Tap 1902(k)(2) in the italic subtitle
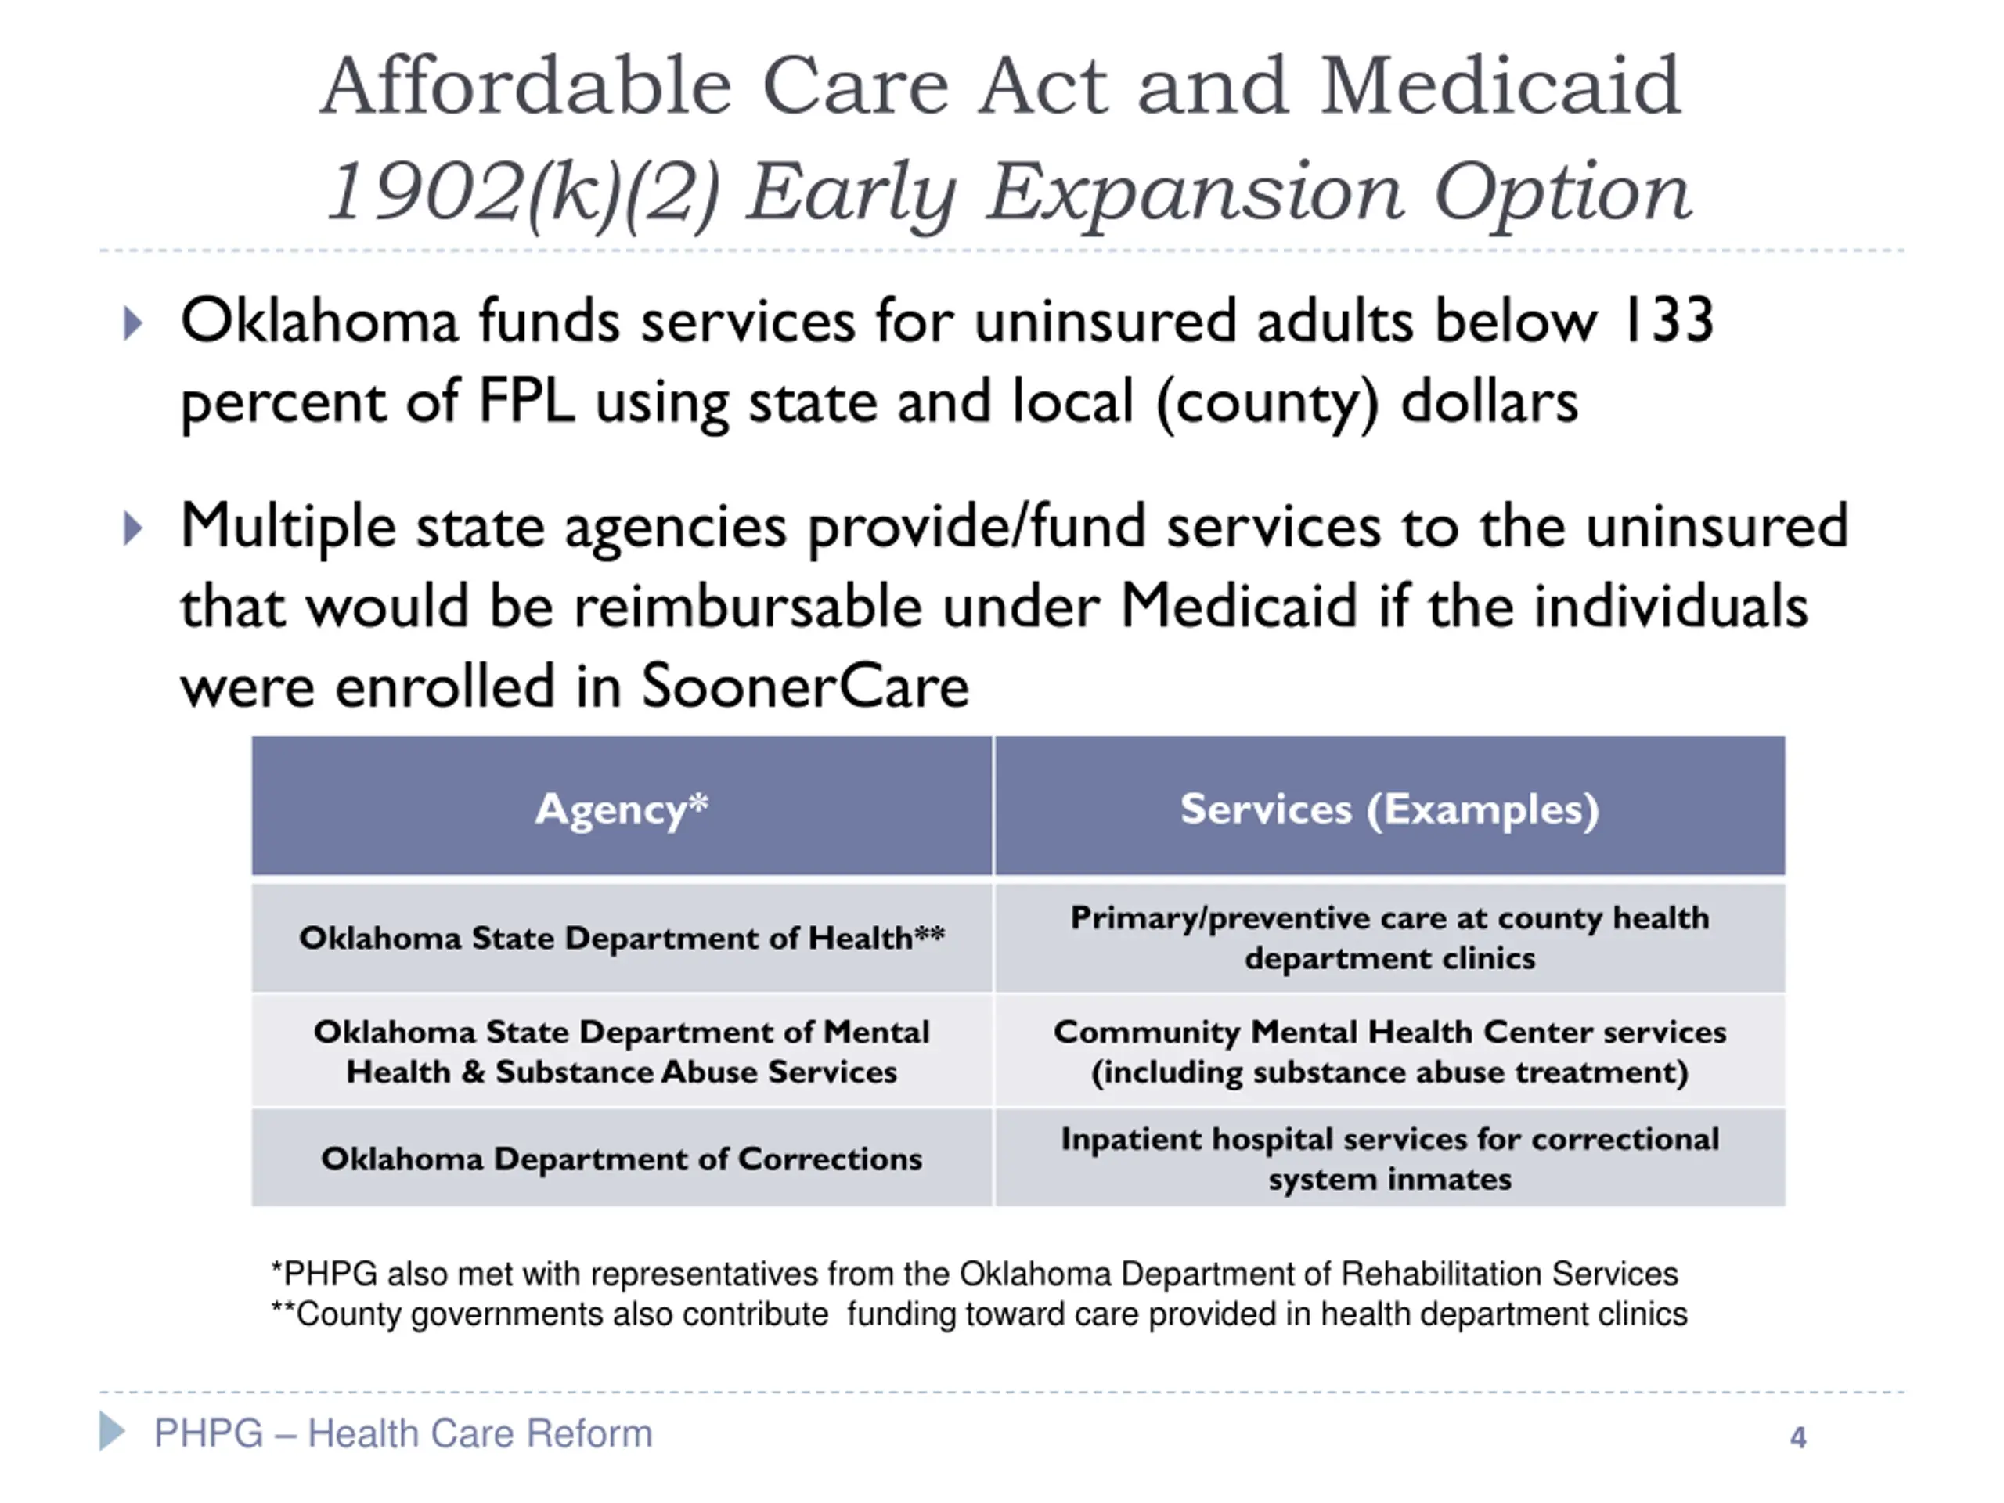coord(522,192)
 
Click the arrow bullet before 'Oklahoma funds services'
coord(132,323)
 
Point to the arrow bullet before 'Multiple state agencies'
coord(132,528)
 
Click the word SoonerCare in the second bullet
coord(805,686)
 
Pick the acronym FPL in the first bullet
coord(525,402)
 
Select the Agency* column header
coord(622,808)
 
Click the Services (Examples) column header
coord(1389,808)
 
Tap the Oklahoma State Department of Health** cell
coord(622,938)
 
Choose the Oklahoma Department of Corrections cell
coord(622,1159)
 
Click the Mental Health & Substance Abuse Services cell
coord(622,1052)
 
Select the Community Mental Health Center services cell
coord(1389,1052)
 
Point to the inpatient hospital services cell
coord(1389,1159)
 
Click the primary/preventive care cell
coord(1389,938)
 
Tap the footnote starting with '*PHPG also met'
coord(974,1274)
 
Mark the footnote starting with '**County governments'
coord(979,1314)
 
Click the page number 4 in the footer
coord(1797,1438)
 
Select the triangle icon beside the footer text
coord(111,1432)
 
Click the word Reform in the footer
coord(589,1433)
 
